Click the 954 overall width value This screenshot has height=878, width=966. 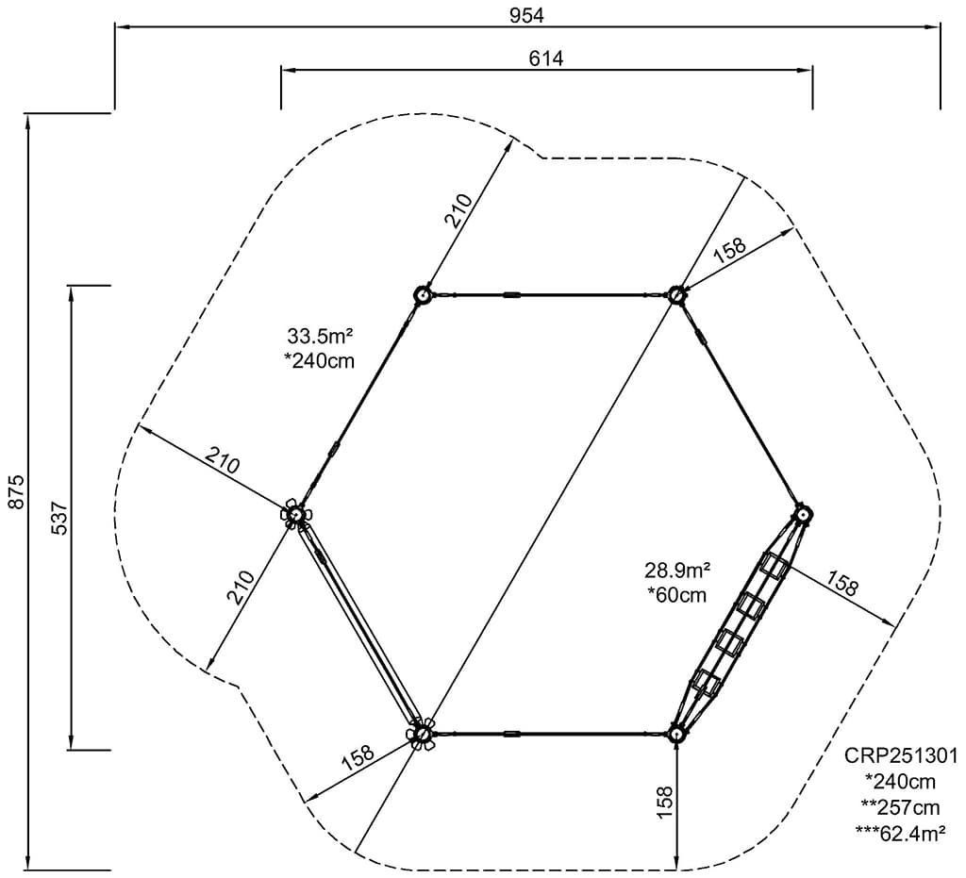(527, 14)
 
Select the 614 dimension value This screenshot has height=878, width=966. (546, 58)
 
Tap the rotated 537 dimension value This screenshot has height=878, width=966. (57, 517)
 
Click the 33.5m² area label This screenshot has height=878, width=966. (319, 336)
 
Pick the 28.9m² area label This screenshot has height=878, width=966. (677, 570)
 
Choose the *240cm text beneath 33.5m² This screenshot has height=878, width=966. (319, 360)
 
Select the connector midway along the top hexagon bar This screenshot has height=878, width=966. (512, 294)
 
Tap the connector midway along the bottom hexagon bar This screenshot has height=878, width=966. (512, 733)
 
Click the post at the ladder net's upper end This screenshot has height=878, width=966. (803, 515)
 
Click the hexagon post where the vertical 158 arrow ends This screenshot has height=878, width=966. (676, 734)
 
